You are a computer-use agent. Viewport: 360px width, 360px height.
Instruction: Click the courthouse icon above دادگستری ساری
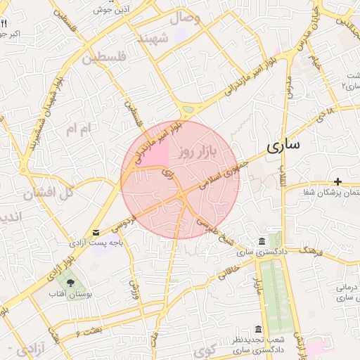[x=262, y=241]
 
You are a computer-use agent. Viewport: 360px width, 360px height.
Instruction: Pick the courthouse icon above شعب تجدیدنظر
[x=258, y=330]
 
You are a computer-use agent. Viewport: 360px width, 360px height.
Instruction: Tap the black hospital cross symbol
[x=338, y=182]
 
